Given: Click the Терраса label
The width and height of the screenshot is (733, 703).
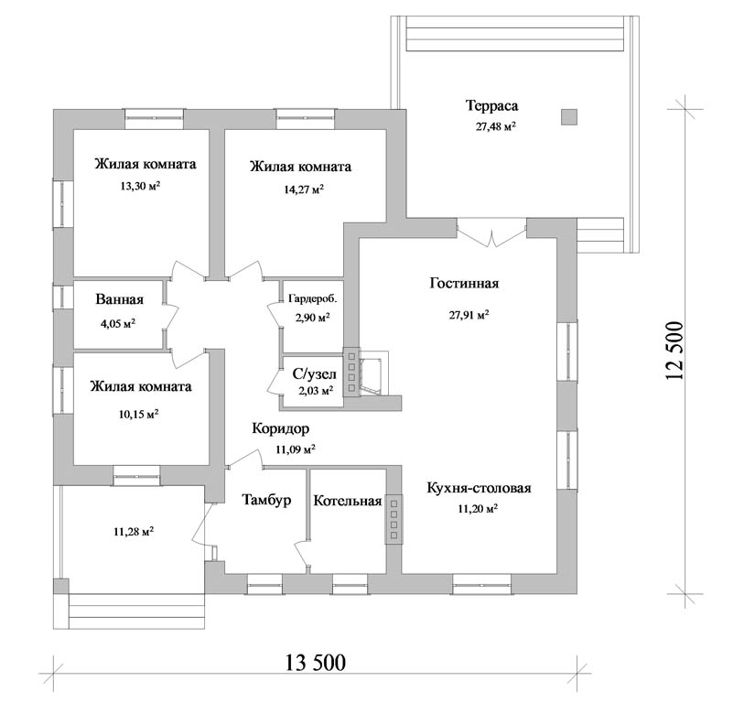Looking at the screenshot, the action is pos(491,105).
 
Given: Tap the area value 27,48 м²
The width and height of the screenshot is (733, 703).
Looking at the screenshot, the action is pos(495,126).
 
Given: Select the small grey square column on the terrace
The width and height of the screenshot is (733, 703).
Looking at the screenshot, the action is pos(569,117).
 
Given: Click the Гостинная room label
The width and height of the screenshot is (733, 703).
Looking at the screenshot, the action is pos(464,284).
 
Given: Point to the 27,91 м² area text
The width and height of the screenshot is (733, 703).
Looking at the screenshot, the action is pos(469,315).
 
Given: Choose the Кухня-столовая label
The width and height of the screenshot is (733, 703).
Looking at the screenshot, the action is pos(480,488).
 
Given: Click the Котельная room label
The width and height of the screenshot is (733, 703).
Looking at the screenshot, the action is pos(348,501).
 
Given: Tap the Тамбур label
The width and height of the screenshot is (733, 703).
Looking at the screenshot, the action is pos(266,500).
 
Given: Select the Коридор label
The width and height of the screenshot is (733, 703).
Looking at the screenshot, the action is pos(281,428).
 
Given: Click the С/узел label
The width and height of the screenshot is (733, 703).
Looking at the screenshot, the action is pos(314,374).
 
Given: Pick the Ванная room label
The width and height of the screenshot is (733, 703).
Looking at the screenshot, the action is pos(119,299).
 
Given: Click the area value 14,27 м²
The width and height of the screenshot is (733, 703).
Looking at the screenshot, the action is pos(304,189).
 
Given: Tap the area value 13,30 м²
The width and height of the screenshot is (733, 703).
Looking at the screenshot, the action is pos(140,186).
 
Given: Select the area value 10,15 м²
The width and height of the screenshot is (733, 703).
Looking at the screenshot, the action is pos(139,414).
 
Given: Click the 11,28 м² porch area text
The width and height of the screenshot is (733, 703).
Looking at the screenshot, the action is pos(134,532).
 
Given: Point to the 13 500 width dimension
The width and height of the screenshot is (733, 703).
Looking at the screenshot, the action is pos(316,663).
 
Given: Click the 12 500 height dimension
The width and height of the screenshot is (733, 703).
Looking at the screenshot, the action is pos(675,351).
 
